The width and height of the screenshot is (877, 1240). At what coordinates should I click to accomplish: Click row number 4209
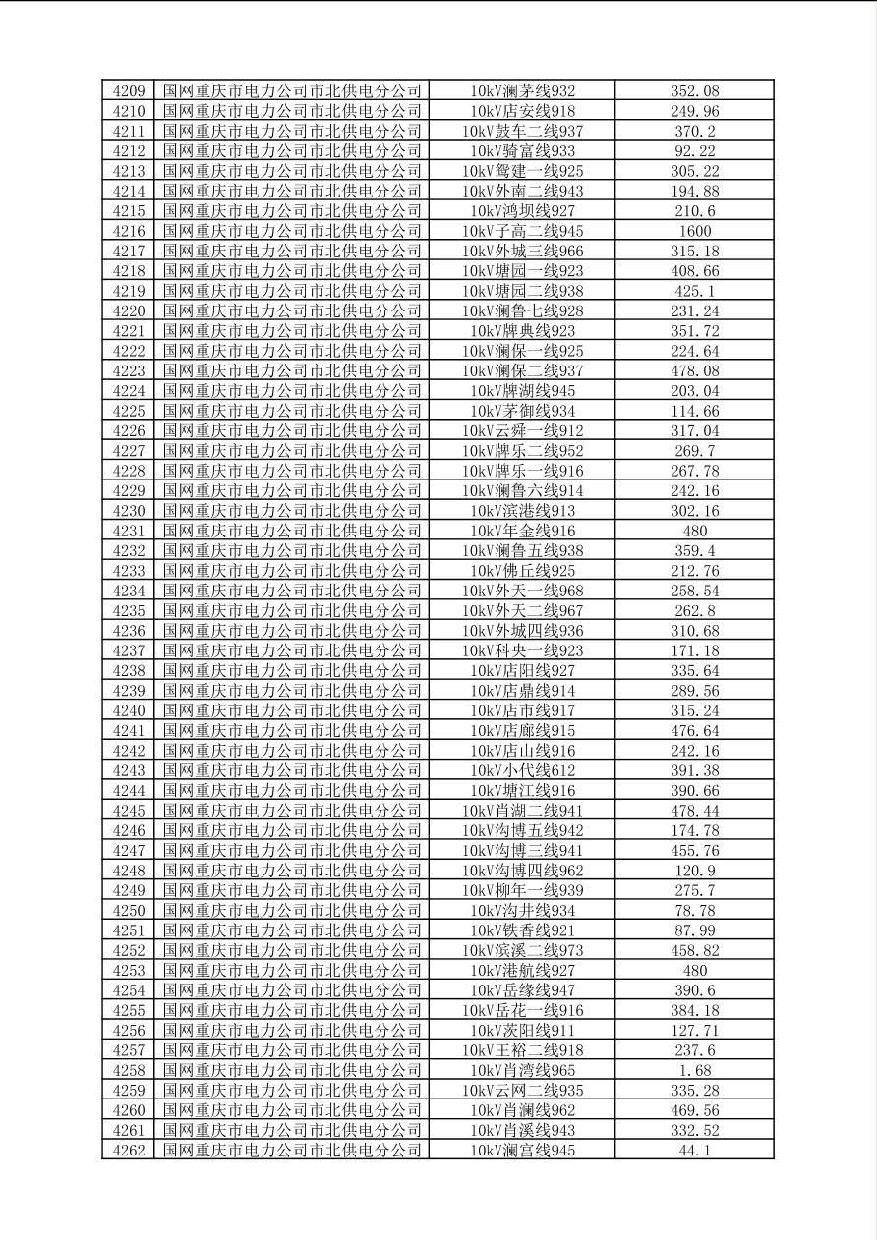click(x=129, y=91)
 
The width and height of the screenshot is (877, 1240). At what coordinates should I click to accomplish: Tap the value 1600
click(x=695, y=231)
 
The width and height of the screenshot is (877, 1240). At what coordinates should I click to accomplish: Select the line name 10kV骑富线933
click(x=522, y=151)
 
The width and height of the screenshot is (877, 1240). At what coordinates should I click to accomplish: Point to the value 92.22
click(x=695, y=151)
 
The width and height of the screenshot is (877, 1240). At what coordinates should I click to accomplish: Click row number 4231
click(x=129, y=531)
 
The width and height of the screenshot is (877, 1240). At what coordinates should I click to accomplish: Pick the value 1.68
click(x=695, y=1070)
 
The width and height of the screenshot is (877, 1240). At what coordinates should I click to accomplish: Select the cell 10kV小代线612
click(x=522, y=770)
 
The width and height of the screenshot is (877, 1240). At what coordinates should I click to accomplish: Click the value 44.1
click(x=695, y=1150)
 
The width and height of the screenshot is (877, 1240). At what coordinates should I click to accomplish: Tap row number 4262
click(x=129, y=1150)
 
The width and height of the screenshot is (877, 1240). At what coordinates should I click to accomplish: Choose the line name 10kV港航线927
click(x=522, y=970)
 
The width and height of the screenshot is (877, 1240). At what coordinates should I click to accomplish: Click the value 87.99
click(x=695, y=930)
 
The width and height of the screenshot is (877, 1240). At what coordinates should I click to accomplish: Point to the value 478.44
click(x=695, y=811)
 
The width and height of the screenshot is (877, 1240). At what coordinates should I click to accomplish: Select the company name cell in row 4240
click(x=292, y=710)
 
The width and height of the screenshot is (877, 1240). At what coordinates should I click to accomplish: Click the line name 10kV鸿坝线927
click(x=522, y=211)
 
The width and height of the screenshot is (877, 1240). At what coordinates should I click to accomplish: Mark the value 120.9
click(x=695, y=871)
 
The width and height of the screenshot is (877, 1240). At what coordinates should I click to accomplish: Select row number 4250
click(x=129, y=910)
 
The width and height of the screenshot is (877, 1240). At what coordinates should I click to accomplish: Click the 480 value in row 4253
click(x=695, y=970)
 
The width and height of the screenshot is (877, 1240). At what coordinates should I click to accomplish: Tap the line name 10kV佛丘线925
click(x=522, y=571)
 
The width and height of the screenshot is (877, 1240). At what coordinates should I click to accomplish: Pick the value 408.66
click(x=695, y=271)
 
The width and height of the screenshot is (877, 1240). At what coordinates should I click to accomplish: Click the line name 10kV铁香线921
click(x=522, y=930)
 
